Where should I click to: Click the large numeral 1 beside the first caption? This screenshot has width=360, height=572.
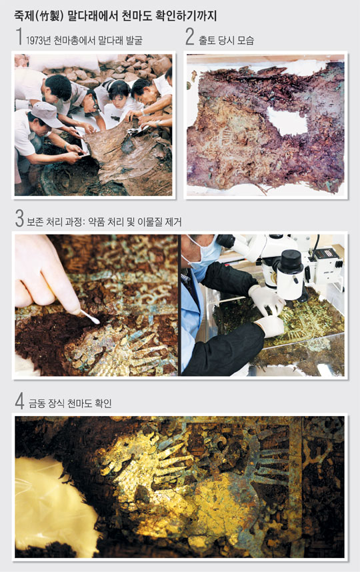(19, 37)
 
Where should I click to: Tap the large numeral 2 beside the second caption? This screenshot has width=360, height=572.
(189, 37)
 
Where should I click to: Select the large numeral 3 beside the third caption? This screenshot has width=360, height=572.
(19, 218)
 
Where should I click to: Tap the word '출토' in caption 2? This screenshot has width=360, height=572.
(207, 40)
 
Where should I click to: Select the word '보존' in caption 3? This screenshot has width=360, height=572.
(35, 222)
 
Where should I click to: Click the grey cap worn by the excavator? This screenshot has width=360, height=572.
(46, 114)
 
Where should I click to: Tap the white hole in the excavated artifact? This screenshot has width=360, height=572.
(287, 122)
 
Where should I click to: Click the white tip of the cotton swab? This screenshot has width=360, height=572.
(94, 320)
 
